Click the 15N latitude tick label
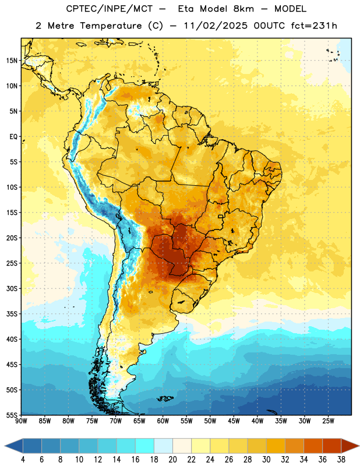click(12, 61)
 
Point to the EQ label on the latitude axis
click(13, 137)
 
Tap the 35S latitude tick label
click(12, 314)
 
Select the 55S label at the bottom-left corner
click(12, 415)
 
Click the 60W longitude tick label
click(163, 421)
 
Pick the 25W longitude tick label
click(328, 421)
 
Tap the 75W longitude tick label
click(92, 421)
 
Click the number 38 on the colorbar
click(341, 460)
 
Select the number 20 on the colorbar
click(172, 460)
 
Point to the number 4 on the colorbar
click(23, 460)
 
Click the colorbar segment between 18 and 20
click(164, 446)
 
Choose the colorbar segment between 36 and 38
click(332, 446)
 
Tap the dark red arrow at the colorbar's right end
click(350, 446)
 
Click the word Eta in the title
click(186, 9)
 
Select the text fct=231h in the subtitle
click(314, 26)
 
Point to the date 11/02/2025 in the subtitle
click(216, 26)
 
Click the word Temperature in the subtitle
click(111, 26)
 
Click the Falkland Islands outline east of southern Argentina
click(165, 398)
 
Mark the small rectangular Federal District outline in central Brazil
click(221, 216)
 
